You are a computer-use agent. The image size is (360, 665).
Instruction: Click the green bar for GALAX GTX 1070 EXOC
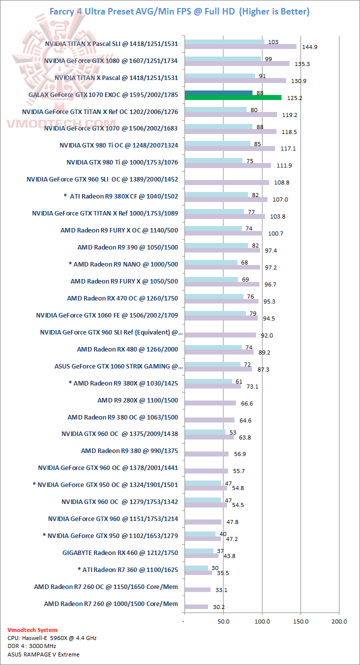click(233, 97)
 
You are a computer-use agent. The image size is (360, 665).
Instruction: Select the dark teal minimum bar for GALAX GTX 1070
click(218, 92)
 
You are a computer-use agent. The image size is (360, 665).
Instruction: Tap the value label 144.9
click(305, 47)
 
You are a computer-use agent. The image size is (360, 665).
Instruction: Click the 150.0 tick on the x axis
click(300, 621)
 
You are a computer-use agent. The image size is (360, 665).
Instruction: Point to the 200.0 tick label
click(339, 621)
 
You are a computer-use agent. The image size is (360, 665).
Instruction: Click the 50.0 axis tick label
click(223, 621)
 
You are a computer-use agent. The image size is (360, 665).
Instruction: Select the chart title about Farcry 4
click(179, 11)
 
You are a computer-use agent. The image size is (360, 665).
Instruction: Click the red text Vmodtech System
click(32, 630)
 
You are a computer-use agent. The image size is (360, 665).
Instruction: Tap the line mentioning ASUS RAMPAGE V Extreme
click(43, 654)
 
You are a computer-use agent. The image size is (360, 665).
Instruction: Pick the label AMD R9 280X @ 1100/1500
click(137, 400)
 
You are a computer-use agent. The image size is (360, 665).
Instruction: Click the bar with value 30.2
click(196, 606)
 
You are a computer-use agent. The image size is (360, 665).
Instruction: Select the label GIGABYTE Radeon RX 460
click(120, 552)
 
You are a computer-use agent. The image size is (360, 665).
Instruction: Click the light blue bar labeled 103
click(224, 41)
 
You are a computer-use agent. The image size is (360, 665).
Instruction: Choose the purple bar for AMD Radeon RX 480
click(219, 351)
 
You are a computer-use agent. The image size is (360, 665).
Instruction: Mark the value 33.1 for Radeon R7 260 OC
click(221, 590)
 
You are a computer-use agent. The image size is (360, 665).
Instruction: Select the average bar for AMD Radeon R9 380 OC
click(209, 420)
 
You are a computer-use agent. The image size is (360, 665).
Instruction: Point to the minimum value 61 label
click(239, 381)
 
